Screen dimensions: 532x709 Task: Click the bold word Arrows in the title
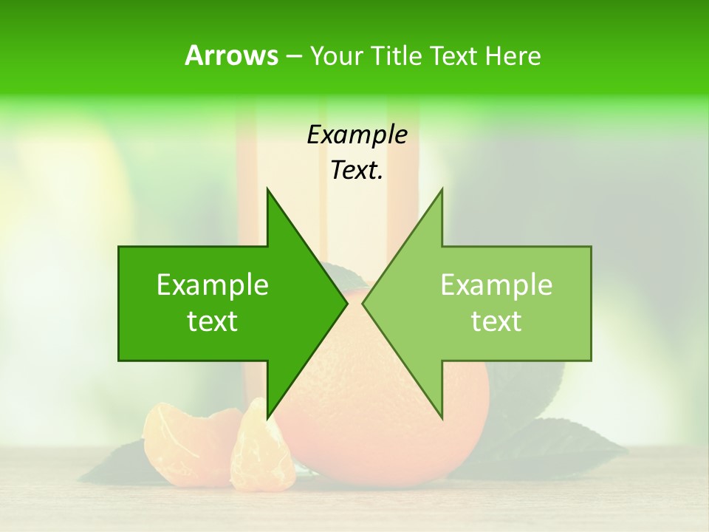coord(231,55)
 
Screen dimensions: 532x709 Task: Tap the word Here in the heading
coord(513,55)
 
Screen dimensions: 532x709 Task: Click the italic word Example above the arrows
coord(357,134)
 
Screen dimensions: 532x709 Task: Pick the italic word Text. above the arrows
coord(357,170)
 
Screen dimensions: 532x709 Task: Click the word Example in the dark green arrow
coord(213,285)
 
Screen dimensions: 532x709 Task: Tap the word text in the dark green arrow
coord(213,321)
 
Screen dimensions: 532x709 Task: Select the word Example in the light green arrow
coord(496,285)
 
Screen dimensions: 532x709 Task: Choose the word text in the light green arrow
coord(496,321)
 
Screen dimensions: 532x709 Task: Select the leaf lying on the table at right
coord(561,443)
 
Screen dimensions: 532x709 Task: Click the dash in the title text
coord(293,56)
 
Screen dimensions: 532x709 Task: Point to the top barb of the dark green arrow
coord(270,194)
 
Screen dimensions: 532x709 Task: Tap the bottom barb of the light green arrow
coord(440,414)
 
